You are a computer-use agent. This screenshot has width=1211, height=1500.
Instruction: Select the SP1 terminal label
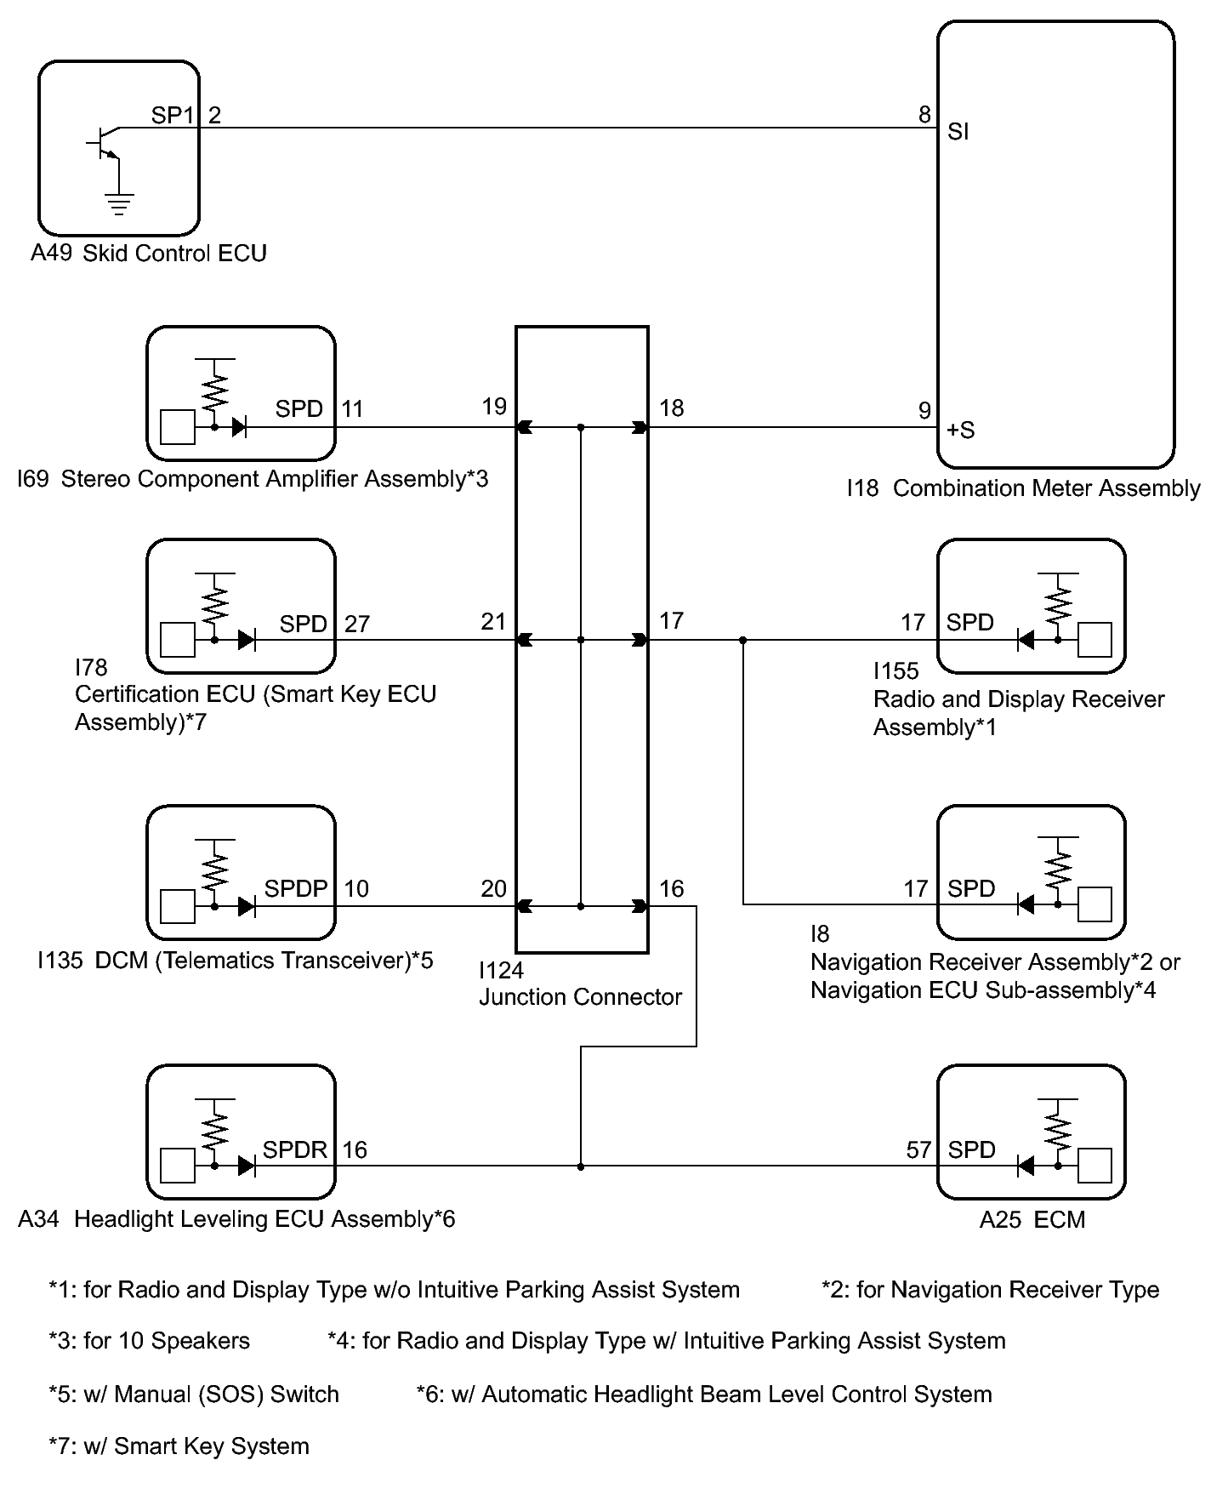(173, 115)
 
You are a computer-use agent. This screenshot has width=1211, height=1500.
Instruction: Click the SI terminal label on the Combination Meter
(958, 132)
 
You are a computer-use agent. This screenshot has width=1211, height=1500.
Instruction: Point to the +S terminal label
(961, 431)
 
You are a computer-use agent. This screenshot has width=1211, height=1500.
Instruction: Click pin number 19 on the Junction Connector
(494, 407)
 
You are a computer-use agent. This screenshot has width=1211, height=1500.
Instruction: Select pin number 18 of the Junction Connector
(671, 408)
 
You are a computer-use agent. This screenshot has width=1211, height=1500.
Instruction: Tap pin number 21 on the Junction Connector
(493, 622)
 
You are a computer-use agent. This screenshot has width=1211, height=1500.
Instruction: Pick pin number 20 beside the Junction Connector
(493, 889)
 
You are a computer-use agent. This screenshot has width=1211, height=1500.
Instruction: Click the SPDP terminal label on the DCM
(296, 889)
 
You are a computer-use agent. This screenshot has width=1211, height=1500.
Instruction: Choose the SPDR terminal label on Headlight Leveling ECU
(295, 1150)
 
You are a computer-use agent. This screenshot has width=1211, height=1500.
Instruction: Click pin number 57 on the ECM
(918, 1150)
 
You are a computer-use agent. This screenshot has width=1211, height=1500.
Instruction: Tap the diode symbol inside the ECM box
(1026, 1166)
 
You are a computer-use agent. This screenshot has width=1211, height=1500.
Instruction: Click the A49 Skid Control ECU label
(149, 254)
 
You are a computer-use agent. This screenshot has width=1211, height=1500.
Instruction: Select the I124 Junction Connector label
(580, 984)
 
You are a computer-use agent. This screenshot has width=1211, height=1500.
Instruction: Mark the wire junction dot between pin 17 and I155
(743, 640)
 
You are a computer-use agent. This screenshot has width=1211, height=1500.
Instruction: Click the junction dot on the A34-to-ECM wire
(581, 1166)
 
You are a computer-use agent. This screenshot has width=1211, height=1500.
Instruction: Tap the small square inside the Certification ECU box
(178, 640)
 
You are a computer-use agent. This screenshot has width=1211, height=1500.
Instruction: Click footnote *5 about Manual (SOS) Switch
(194, 1394)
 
